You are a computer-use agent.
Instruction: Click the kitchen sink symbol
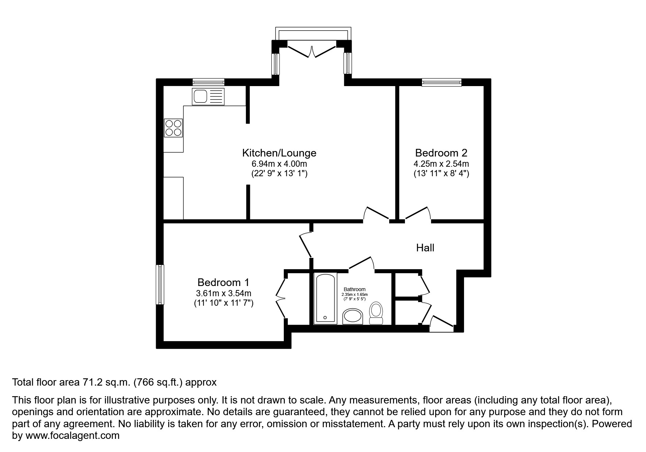click(x=208, y=97)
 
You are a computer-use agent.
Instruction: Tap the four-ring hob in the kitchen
click(x=173, y=128)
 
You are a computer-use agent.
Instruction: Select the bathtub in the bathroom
click(x=325, y=298)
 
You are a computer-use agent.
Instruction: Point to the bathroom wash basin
click(x=353, y=316)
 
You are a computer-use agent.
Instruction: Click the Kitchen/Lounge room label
click(x=279, y=153)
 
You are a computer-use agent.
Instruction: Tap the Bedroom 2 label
click(x=441, y=153)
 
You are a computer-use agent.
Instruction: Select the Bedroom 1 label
click(x=223, y=282)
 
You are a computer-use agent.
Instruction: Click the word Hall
click(x=425, y=248)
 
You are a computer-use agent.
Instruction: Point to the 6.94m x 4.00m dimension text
click(x=279, y=164)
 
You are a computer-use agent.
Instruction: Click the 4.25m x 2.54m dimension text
click(x=441, y=164)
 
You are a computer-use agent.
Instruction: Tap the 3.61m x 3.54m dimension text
click(x=223, y=293)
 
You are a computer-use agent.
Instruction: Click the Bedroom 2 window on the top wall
click(x=441, y=82)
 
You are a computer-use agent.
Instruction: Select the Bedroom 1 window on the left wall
click(x=160, y=285)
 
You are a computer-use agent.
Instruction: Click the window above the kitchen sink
click(x=208, y=82)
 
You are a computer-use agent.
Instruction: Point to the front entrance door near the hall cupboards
click(x=441, y=324)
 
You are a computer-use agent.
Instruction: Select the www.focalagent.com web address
click(x=72, y=436)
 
